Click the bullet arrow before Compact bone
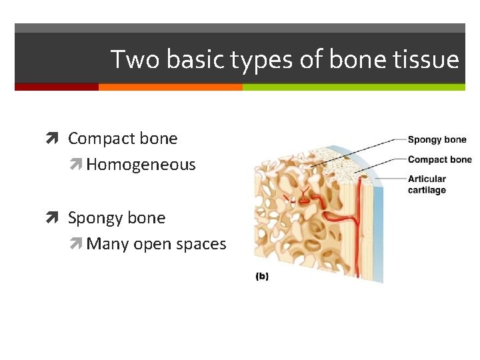[x=57, y=139]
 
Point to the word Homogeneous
[x=141, y=165]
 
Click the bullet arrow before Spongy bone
[x=57, y=218]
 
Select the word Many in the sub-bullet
[x=108, y=244]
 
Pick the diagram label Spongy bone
[x=437, y=139]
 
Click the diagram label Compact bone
[x=439, y=159]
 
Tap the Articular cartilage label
[x=427, y=185]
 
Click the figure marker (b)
[x=262, y=276]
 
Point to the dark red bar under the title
[x=56, y=87]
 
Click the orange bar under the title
[x=170, y=87]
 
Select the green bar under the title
[x=353, y=87]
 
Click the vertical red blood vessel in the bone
[x=357, y=227]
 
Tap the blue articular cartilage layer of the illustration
[x=379, y=220]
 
